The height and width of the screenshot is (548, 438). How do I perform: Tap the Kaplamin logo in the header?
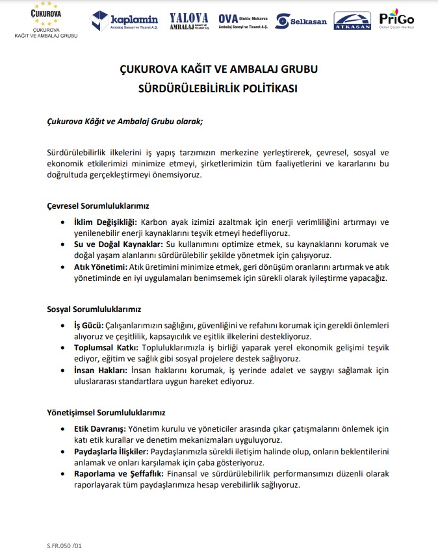[x=125, y=21]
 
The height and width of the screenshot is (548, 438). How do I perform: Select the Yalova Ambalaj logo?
[x=188, y=21]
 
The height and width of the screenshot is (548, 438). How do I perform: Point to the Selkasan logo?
[x=301, y=21]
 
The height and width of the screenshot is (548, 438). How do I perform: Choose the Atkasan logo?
[x=352, y=21]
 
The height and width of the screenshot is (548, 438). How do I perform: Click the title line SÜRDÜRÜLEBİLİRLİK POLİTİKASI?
[x=219, y=89]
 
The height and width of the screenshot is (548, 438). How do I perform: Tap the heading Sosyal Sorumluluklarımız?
[x=94, y=309]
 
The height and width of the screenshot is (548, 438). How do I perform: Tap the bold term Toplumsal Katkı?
[x=105, y=348]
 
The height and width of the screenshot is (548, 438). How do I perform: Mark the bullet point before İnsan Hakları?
[x=62, y=370]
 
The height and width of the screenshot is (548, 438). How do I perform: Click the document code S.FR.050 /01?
[x=64, y=537]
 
